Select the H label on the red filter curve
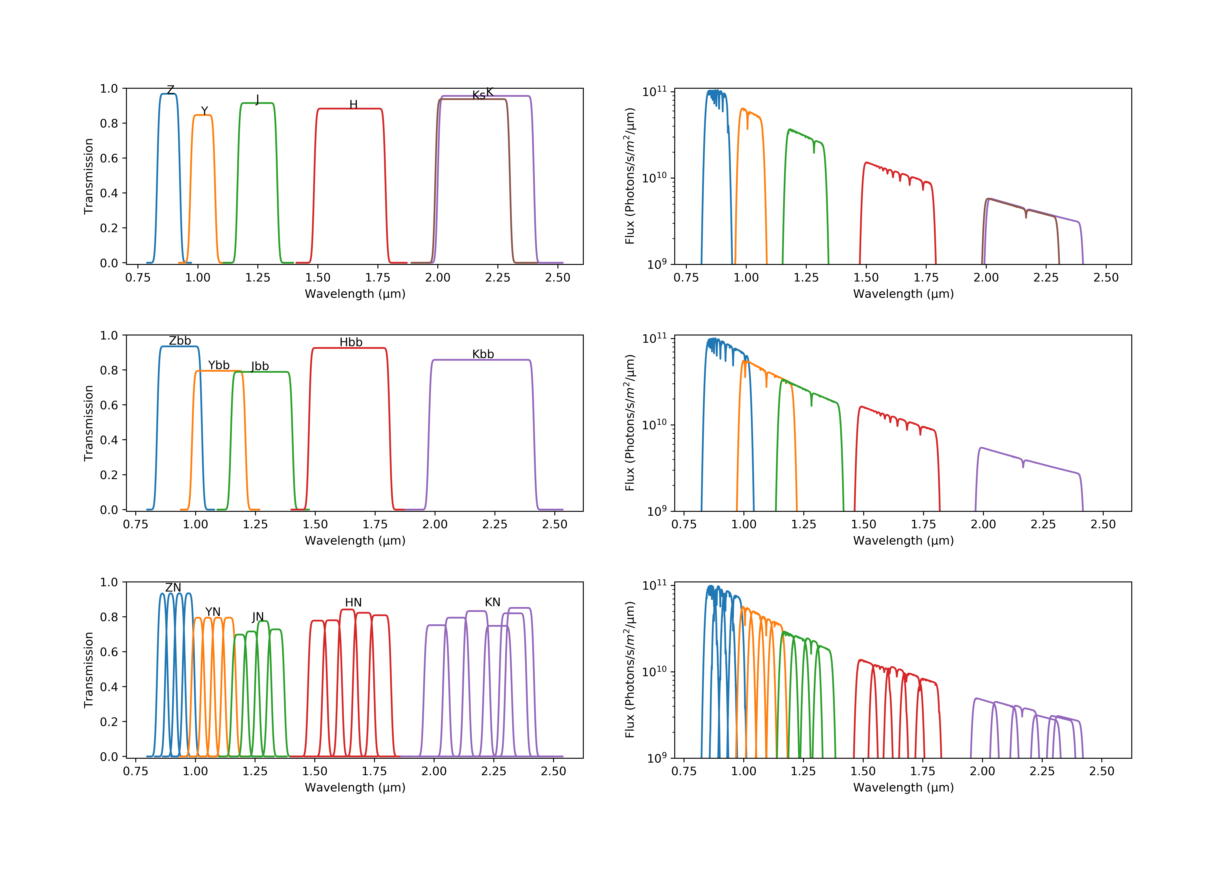pyautogui.click(x=353, y=105)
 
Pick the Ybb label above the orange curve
pyautogui.click(x=219, y=366)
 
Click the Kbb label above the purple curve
pyautogui.click(x=483, y=354)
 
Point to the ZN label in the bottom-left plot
pyautogui.click(x=173, y=588)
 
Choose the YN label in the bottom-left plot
pyautogui.click(x=213, y=612)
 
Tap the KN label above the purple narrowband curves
pyautogui.click(x=493, y=603)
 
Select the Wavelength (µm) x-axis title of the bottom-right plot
pyautogui.click(x=903, y=787)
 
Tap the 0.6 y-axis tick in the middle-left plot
pyautogui.click(x=109, y=405)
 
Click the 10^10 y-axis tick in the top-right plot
pyautogui.click(x=655, y=177)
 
